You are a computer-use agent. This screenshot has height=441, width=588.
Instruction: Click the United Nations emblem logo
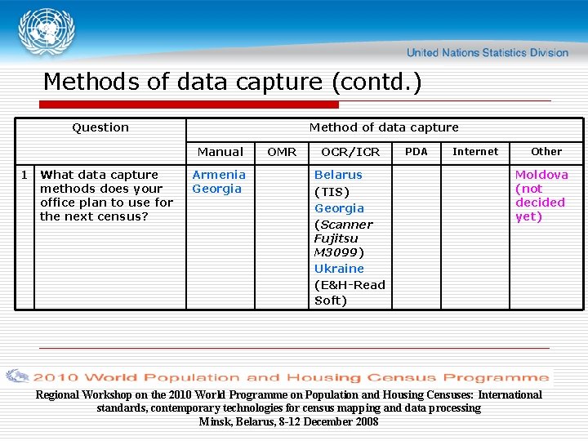pos(46,32)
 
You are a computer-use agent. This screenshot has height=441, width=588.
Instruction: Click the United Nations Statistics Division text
pos(487,53)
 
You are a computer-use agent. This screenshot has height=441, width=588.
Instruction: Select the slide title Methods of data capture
pos(233,82)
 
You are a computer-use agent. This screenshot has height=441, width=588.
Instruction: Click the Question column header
pos(100,127)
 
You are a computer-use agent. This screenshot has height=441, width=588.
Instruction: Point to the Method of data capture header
pos(384,127)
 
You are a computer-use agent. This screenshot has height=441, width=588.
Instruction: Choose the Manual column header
pos(220,152)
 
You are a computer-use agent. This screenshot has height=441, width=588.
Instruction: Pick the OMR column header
pos(283,152)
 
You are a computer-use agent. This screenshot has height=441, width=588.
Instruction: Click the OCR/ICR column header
pos(350,152)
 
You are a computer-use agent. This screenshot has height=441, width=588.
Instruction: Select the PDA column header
pos(416,151)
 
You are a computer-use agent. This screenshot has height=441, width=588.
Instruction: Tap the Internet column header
pos(475,151)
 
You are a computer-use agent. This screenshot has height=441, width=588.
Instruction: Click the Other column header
pos(546,151)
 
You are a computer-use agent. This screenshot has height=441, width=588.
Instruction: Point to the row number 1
pos(24,175)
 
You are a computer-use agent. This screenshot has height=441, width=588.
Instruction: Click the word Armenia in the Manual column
pos(219,175)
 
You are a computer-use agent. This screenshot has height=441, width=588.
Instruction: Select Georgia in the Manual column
pos(216,189)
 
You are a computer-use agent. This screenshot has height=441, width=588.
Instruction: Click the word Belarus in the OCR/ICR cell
pos(338,175)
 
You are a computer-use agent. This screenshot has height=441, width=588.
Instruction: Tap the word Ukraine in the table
pos(340,269)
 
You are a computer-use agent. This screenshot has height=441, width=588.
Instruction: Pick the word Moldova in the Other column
pos(541,175)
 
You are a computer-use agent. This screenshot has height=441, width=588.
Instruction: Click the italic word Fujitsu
pos(336,238)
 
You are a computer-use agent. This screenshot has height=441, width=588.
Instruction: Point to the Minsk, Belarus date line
pos(288,421)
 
